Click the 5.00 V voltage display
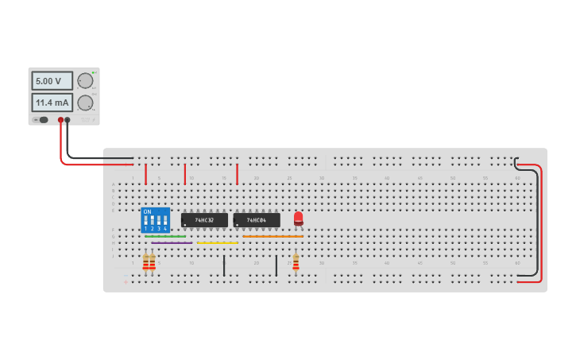pyautogui.click(x=52, y=81)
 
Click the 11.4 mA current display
pyautogui.click(x=52, y=103)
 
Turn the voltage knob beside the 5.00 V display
pyautogui.click(x=85, y=80)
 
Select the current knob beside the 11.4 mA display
pyautogui.click(x=85, y=103)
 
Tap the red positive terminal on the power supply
pyautogui.click(x=60, y=120)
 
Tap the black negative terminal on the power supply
pyautogui.click(x=68, y=120)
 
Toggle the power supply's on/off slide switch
pyautogui.click(x=42, y=120)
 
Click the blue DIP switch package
pyautogui.click(x=155, y=220)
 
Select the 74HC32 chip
pyautogui.click(x=204, y=220)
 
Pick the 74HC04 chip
pyautogui.click(x=257, y=220)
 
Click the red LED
pyautogui.click(x=298, y=218)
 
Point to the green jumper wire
pyautogui.click(x=165, y=236)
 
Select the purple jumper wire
pyautogui.click(x=172, y=243)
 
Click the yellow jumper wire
pyautogui.click(x=217, y=243)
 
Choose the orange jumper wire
pyautogui.click(x=273, y=236)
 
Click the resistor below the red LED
pyautogui.click(x=296, y=261)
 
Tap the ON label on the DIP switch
pyautogui.click(x=147, y=211)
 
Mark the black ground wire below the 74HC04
pyautogui.click(x=276, y=265)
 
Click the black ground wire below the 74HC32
pyautogui.click(x=224, y=265)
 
